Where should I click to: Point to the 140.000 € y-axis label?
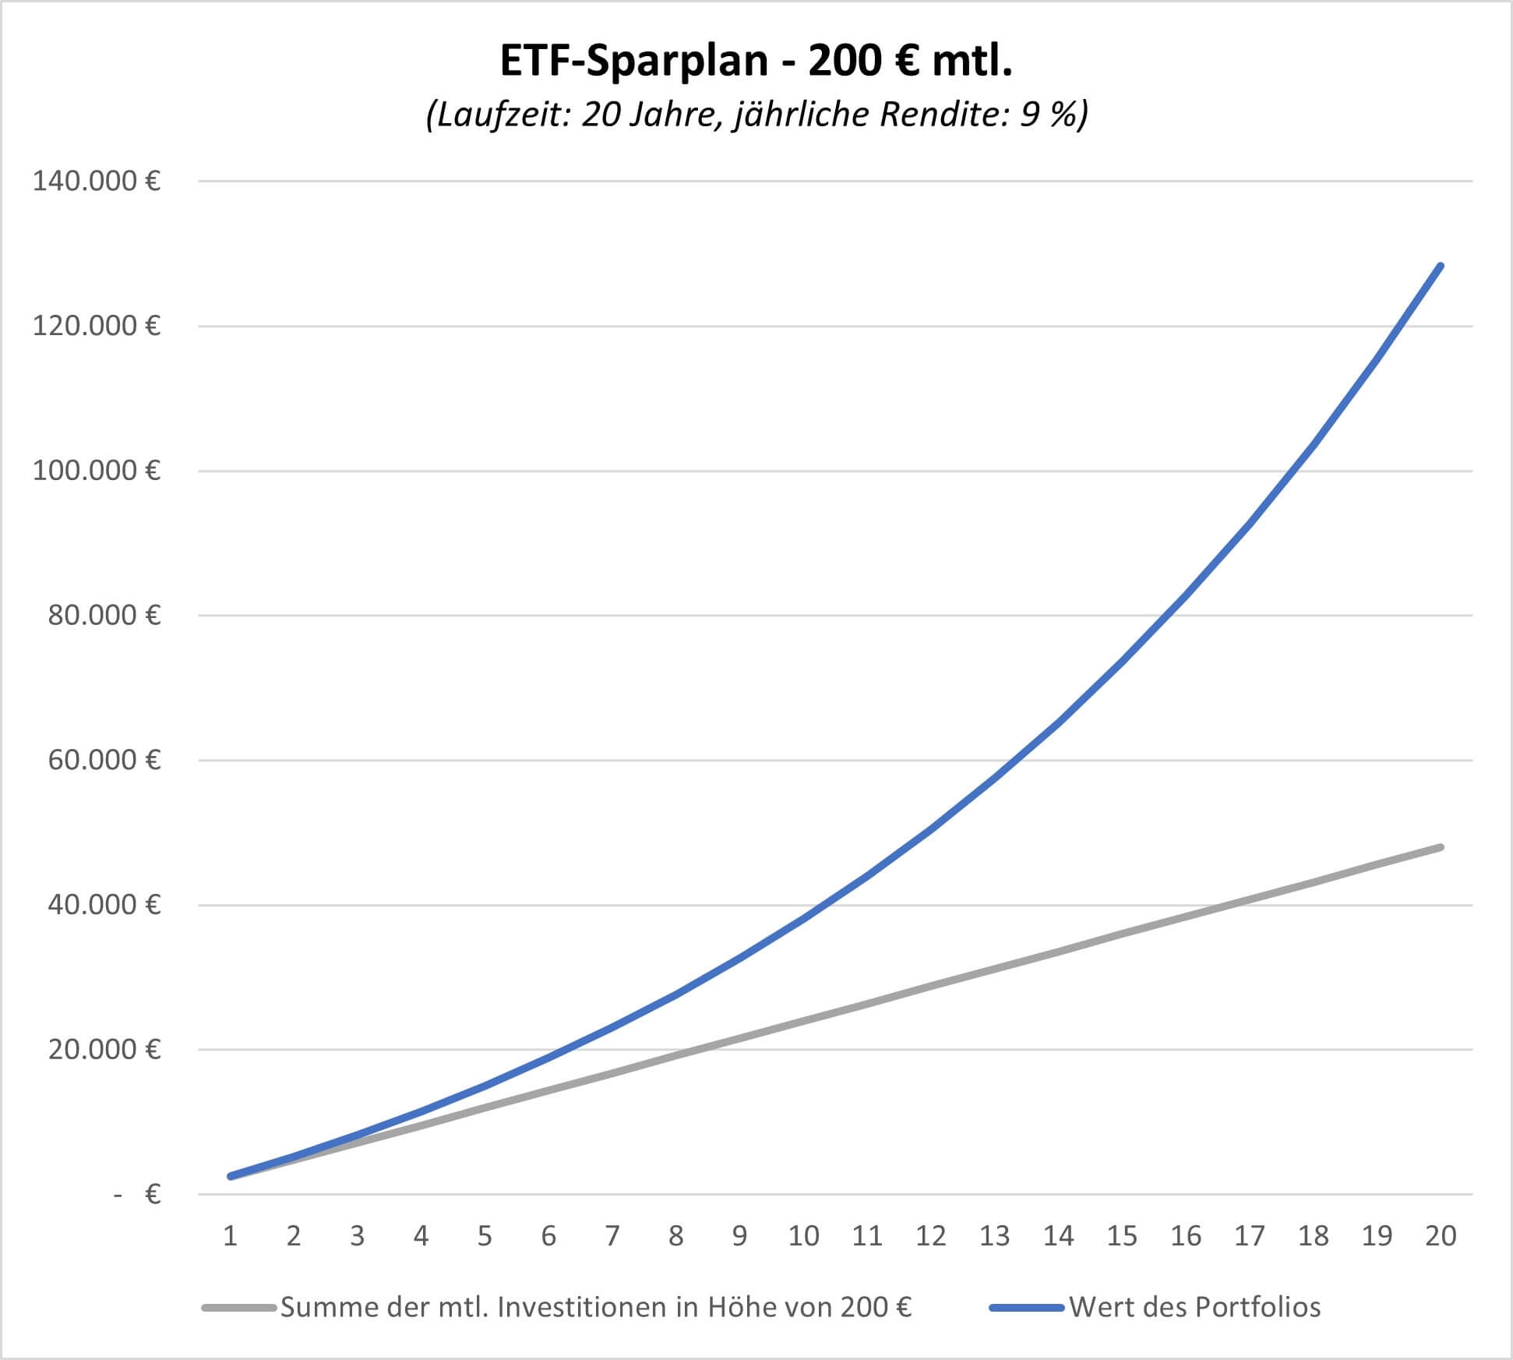click(x=97, y=182)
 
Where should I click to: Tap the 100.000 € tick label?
click(x=97, y=471)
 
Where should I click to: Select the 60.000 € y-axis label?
click(x=104, y=760)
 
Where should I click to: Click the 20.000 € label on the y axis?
click(x=104, y=1050)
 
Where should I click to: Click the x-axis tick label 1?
click(x=230, y=1236)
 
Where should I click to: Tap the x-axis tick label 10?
click(x=803, y=1236)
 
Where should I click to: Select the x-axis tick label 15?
click(x=1122, y=1236)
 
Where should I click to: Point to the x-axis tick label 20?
click(x=1441, y=1236)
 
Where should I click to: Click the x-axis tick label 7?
click(x=612, y=1236)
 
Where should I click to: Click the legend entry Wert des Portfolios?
click(x=1195, y=1307)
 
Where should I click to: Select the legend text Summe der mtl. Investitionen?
click(x=596, y=1307)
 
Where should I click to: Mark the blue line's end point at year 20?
click(x=1441, y=267)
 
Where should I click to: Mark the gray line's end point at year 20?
click(x=1441, y=847)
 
